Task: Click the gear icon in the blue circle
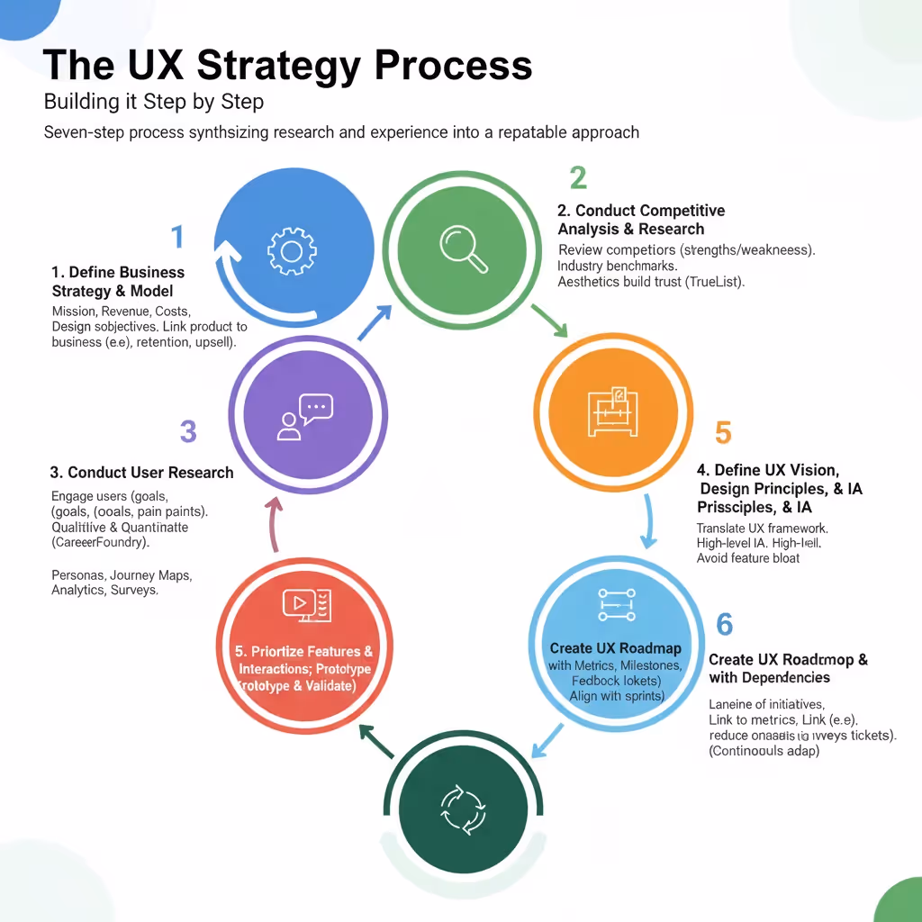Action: [291, 249]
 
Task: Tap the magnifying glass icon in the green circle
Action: [464, 248]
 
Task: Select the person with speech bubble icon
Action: [305, 417]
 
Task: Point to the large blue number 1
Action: [177, 237]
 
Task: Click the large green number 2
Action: [577, 177]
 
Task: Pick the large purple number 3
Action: [187, 431]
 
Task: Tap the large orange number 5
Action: [723, 433]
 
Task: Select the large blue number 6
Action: [724, 624]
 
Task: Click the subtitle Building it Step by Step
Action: [154, 101]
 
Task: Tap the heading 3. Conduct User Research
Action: [141, 472]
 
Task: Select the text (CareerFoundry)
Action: [101, 543]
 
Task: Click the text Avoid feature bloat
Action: [747, 557]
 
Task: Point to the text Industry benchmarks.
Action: [618, 266]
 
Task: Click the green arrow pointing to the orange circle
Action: [548, 321]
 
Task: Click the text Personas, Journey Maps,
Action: [122, 574]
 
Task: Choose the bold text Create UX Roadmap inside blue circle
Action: [615, 648]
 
